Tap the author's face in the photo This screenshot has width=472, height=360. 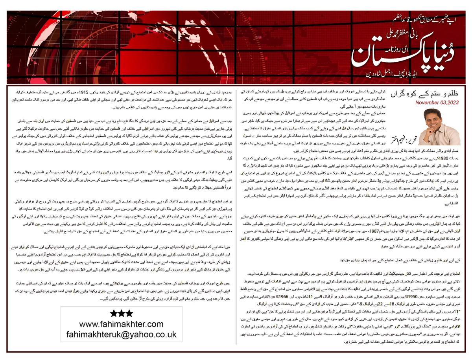coord(431,118)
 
